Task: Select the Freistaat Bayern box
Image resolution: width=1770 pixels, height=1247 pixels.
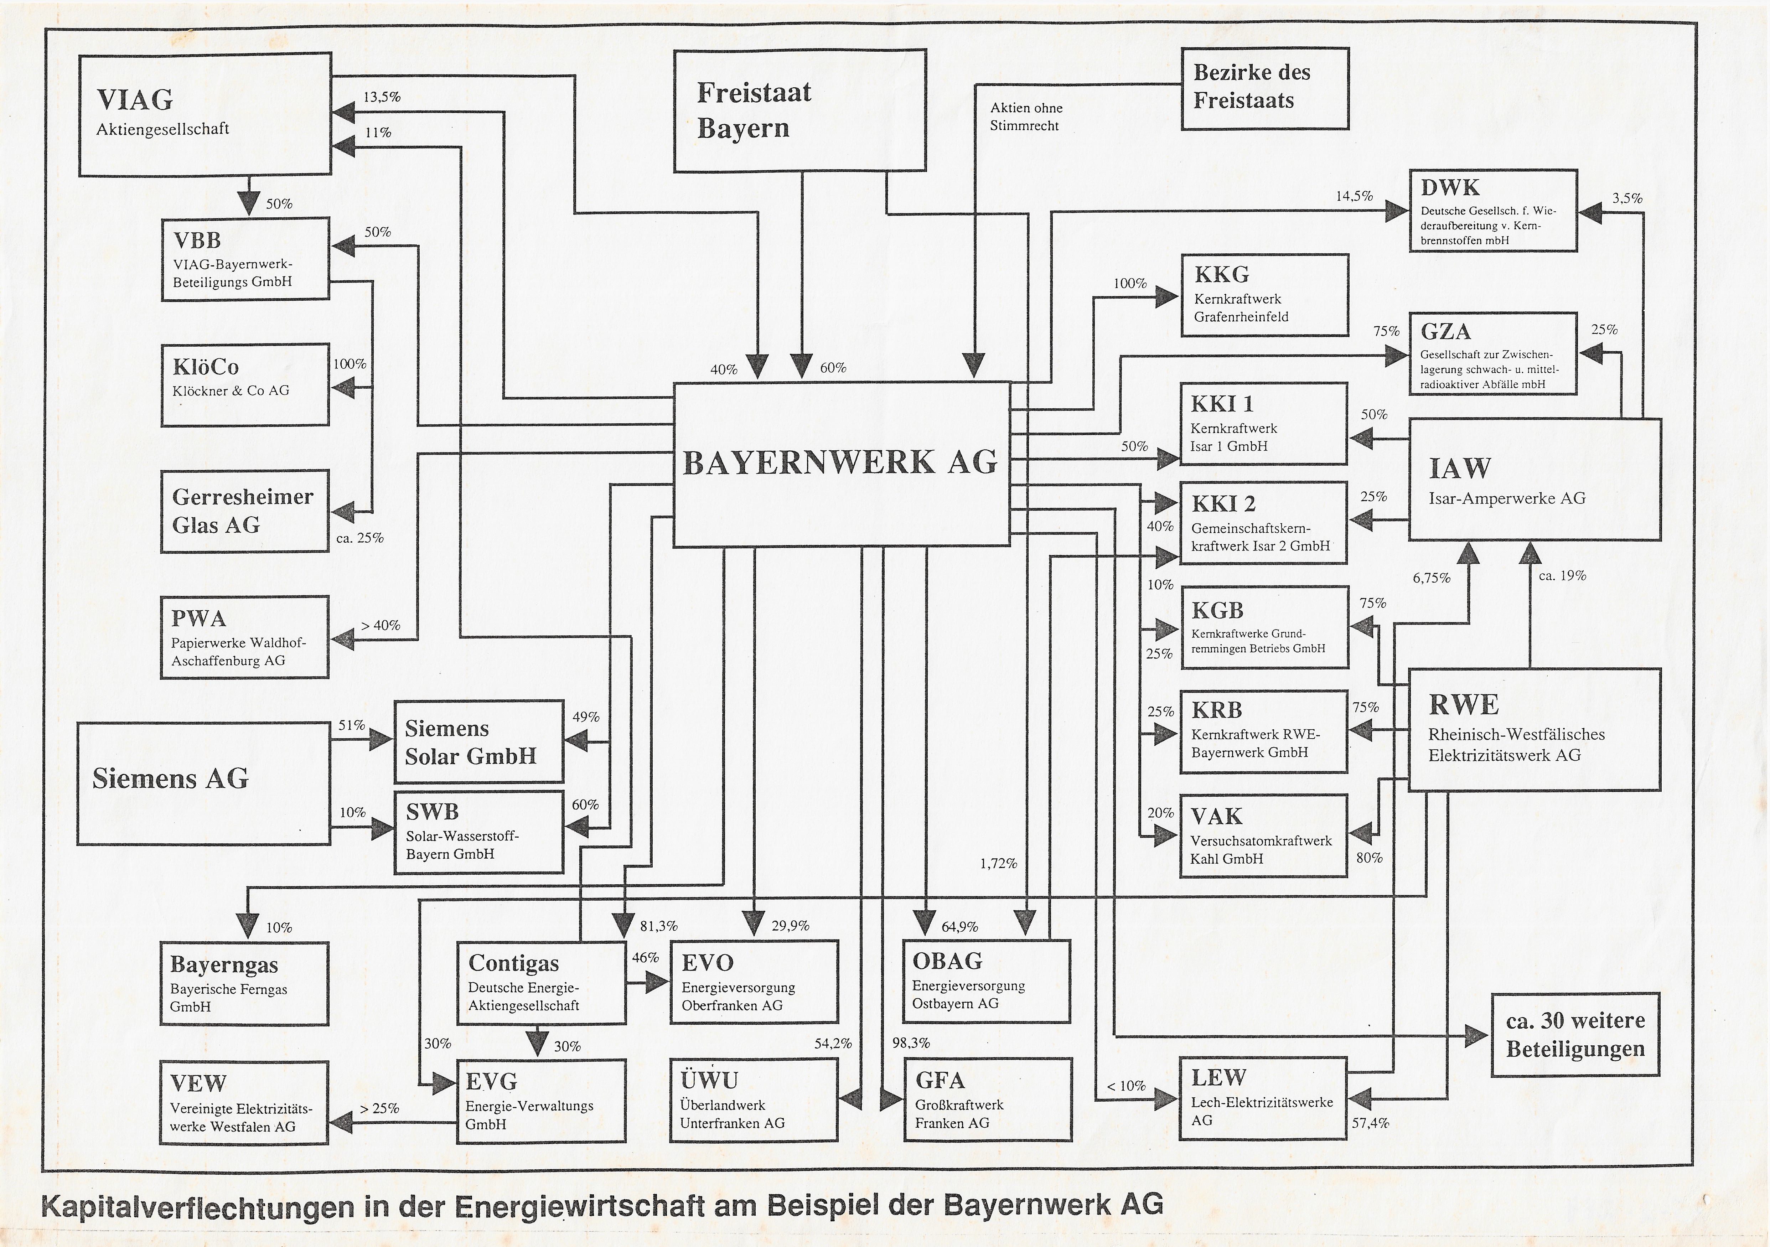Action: pos(799,110)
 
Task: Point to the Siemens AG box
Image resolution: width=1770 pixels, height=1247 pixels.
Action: pos(203,782)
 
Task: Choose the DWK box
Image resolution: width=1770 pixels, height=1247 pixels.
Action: pos(1493,211)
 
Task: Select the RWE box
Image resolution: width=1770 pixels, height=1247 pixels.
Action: pos(1534,729)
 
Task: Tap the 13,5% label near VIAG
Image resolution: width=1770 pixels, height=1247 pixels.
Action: pos(382,97)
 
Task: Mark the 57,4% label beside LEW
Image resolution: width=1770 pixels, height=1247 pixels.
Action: pos(1370,1123)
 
